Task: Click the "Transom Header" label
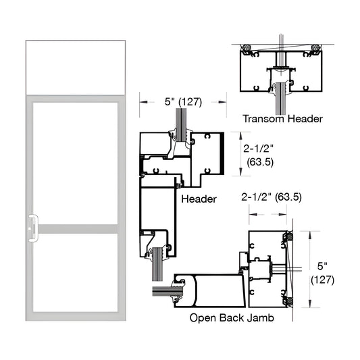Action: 282,119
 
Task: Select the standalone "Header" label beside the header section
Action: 199,199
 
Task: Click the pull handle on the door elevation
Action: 32,227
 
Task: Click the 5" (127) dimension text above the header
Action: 182,103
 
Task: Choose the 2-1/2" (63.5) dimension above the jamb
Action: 270,197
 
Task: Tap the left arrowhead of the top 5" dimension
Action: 143,103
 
